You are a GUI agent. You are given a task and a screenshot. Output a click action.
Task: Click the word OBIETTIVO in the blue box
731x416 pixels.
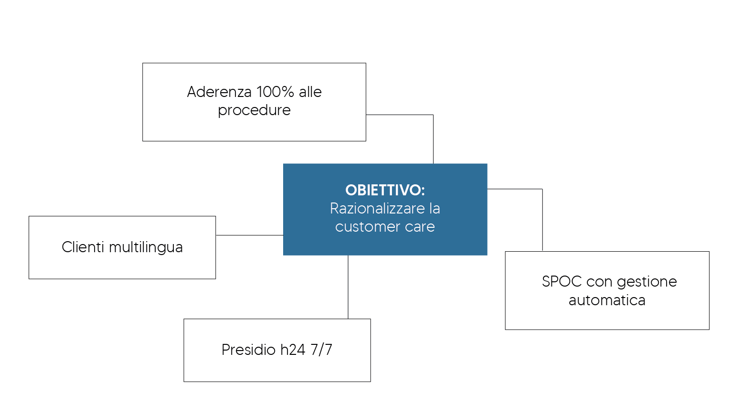383,190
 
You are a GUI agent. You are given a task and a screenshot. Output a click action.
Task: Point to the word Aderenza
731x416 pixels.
219,92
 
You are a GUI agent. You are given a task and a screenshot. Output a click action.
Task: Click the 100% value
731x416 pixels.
275,92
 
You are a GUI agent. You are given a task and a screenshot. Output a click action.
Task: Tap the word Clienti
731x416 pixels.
83,247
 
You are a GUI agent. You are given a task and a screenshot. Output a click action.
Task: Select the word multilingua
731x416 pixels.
146,248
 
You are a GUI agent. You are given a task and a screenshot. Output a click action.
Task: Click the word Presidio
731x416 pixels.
248,350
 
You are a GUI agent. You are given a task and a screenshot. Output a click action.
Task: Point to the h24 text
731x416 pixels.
292,350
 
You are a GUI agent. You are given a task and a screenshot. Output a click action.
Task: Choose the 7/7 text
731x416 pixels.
321,350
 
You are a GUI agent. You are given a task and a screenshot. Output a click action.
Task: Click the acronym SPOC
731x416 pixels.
561,281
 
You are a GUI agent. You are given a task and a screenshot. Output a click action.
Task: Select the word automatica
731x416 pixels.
607,300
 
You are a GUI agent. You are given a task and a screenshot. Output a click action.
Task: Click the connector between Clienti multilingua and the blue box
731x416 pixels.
249,235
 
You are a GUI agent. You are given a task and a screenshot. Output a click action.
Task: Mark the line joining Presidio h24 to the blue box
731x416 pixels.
348,287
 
